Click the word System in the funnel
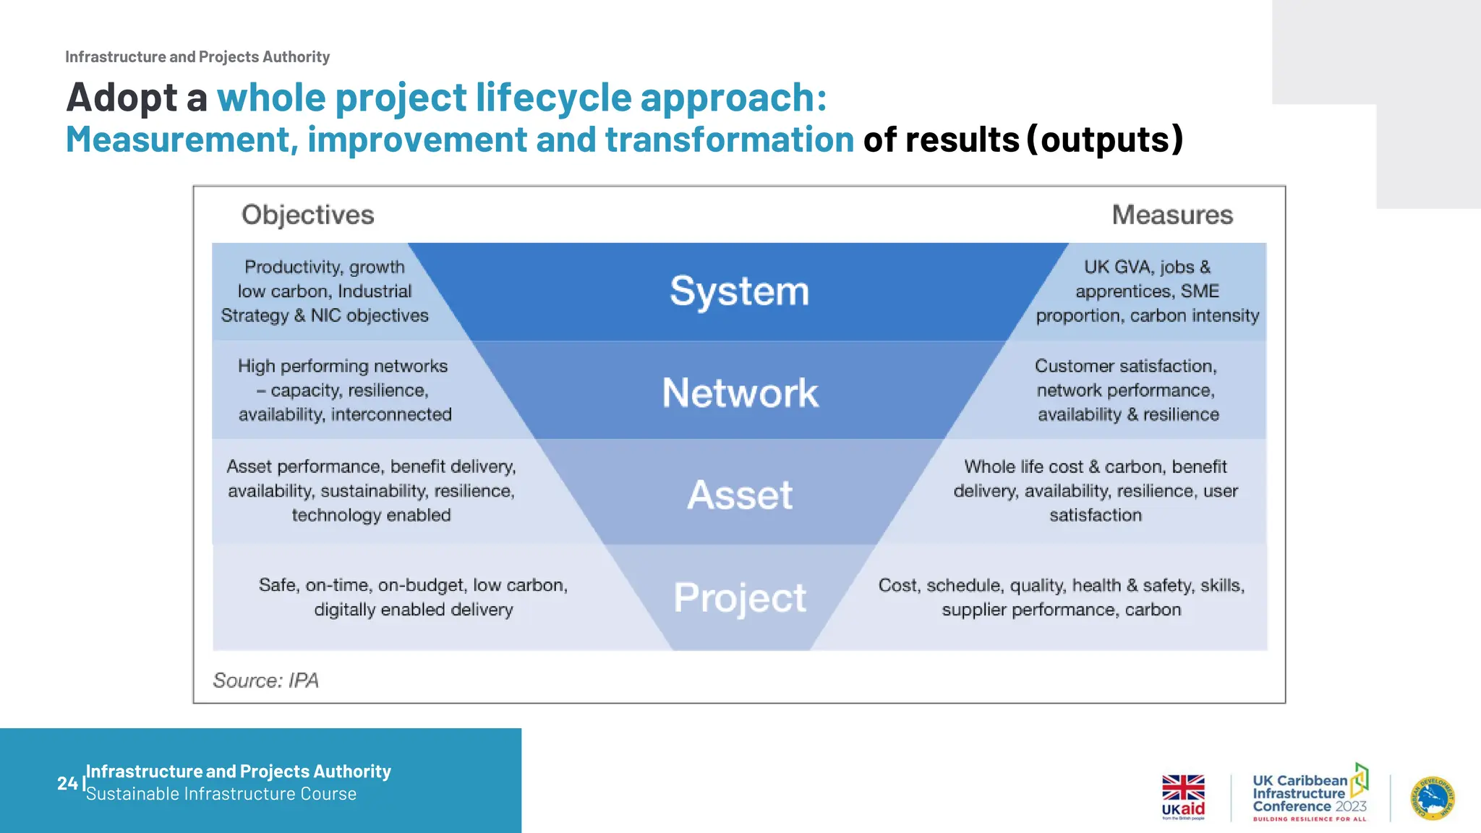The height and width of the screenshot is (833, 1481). [739, 291]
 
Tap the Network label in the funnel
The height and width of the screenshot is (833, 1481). [740, 393]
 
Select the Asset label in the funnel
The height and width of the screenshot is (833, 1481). [740, 495]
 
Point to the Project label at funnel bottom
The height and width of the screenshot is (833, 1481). [739, 598]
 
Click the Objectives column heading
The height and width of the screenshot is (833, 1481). [307, 215]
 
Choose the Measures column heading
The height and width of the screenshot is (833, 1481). [1172, 215]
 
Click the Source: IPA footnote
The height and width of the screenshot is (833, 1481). [265, 680]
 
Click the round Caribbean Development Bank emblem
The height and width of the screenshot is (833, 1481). [1433, 798]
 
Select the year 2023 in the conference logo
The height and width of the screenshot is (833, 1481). [1351, 806]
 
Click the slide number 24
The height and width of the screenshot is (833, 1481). [67, 783]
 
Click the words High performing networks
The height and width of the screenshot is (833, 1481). [343, 366]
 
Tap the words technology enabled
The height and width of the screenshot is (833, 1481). [371, 515]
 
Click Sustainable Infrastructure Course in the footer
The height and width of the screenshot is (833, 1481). [221, 794]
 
